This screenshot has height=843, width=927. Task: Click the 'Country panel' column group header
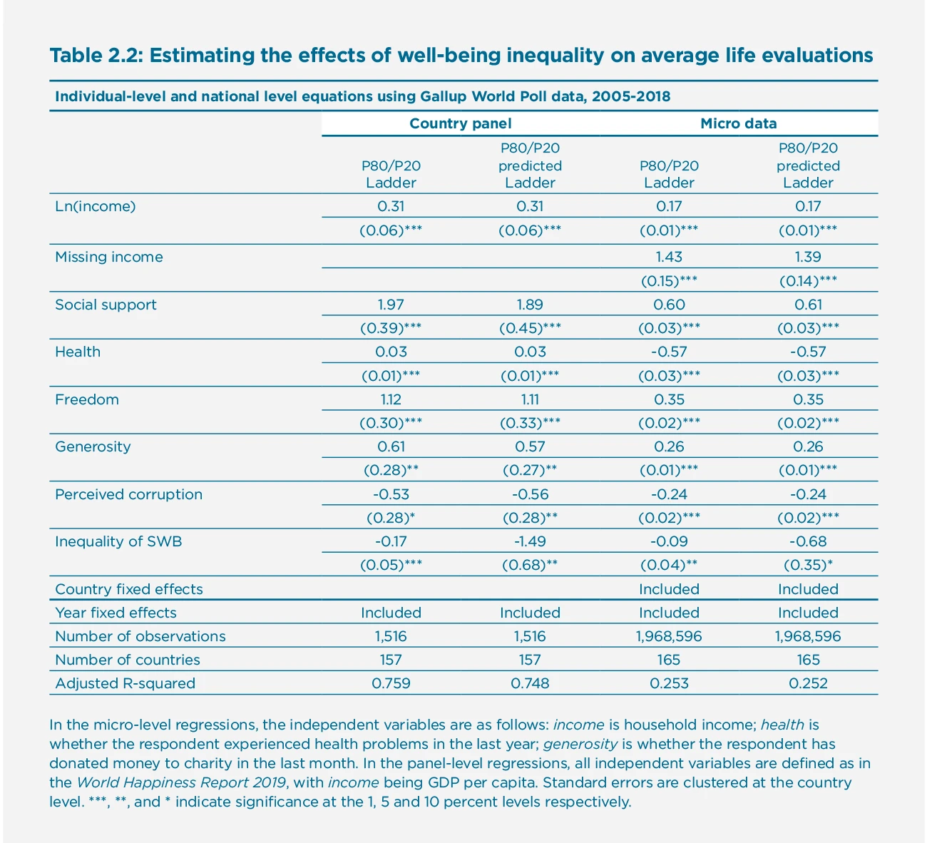[460, 123]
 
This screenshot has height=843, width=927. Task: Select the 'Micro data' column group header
[738, 123]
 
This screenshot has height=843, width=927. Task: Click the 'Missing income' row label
[109, 257]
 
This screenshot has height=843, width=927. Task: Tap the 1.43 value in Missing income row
[669, 257]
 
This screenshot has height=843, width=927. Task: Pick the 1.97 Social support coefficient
[391, 305]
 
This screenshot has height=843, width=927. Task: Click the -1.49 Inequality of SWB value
[530, 541]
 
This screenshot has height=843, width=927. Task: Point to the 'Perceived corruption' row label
[128, 494]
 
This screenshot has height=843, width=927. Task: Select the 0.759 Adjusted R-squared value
[391, 683]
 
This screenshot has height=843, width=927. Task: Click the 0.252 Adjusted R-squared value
[808, 683]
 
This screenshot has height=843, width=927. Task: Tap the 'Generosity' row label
[93, 446]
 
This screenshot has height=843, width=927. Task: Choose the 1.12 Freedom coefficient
[391, 399]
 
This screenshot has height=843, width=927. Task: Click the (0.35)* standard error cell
[808, 565]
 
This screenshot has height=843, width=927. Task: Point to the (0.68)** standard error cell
[530, 565]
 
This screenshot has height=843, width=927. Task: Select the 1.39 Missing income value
[808, 257]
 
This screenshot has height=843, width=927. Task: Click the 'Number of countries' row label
[128, 660]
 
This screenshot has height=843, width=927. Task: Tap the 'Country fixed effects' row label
[129, 589]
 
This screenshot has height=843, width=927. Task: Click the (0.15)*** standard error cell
[669, 281]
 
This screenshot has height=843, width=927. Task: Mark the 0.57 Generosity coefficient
[530, 446]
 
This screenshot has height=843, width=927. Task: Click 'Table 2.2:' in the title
[95, 55]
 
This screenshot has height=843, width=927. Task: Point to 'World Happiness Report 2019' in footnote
[181, 782]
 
